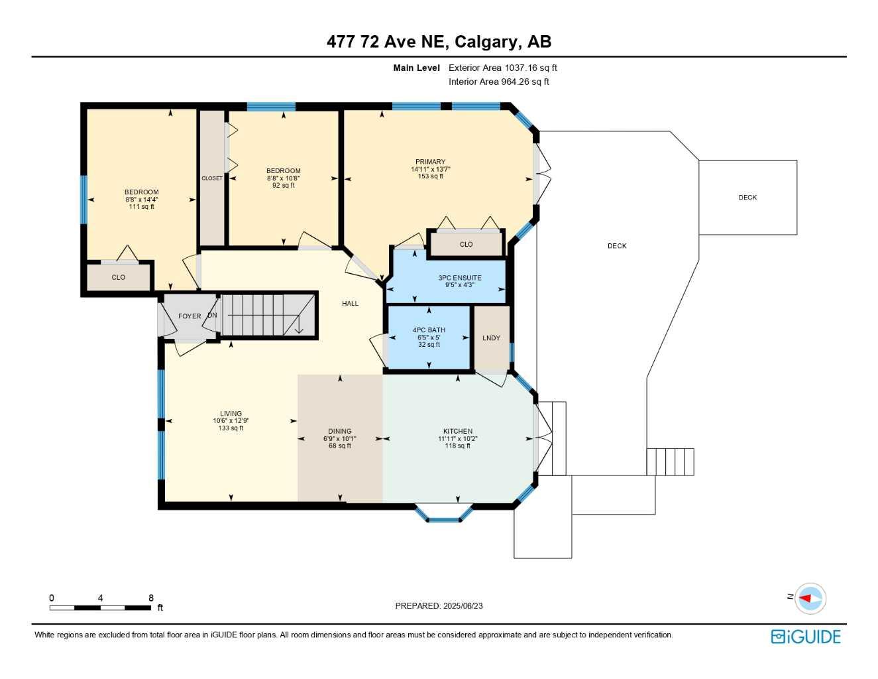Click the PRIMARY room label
[430, 162]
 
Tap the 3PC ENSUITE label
[460, 278]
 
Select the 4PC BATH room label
[429, 330]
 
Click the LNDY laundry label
[491, 338]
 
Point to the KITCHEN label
[458, 432]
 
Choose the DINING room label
[340, 432]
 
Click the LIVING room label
[231, 414]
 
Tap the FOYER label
[190, 316]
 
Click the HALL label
[350, 304]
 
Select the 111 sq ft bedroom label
[142, 192]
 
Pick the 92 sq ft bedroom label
[284, 171]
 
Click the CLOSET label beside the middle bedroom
[212, 178]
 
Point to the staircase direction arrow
[298, 326]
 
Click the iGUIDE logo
[806, 637]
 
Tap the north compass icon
[810, 598]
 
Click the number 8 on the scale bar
[151, 598]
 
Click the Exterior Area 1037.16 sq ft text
[502, 68]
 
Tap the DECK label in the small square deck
[747, 198]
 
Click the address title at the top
[439, 42]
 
